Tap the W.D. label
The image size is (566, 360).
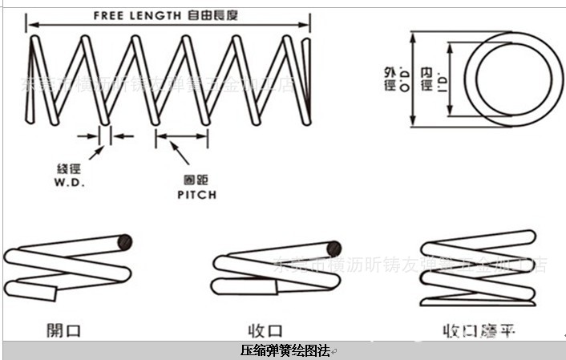[x=71, y=182]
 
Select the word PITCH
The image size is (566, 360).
[x=196, y=194]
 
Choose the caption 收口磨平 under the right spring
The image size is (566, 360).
[x=479, y=330]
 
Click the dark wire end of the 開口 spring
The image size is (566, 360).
[x=124, y=241]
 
